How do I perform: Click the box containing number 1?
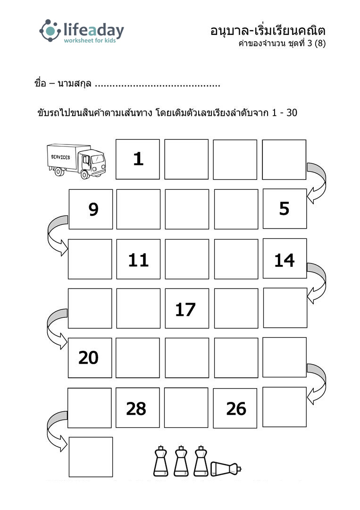click(x=138, y=160)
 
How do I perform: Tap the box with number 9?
click(x=91, y=209)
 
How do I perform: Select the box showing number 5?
click(x=285, y=209)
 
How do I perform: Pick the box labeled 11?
click(x=138, y=259)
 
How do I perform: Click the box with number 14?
click(x=285, y=259)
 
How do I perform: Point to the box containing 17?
click(x=187, y=308)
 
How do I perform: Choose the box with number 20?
click(x=90, y=358)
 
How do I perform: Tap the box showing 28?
click(x=138, y=408)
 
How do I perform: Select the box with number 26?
click(x=235, y=408)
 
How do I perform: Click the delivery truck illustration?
click(x=76, y=161)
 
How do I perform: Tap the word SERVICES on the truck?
click(x=60, y=157)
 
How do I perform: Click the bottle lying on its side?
click(x=226, y=468)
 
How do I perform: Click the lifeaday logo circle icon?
click(x=50, y=31)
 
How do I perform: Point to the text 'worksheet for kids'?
click(x=90, y=41)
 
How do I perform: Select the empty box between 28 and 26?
click(x=186, y=408)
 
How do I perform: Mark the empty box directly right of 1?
click(x=186, y=160)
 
